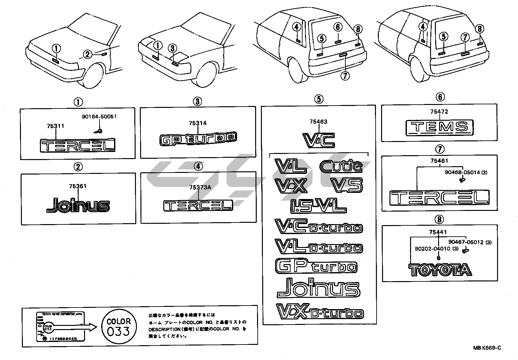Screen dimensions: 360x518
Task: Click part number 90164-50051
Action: [x=99, y=116]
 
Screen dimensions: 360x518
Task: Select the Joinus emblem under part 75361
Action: [x=78, y=205]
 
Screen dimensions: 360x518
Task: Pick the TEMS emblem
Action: [x=439, y=127]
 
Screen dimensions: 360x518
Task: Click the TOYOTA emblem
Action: [x=440, y=270]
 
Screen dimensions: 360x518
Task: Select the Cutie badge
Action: [x=341, y=166]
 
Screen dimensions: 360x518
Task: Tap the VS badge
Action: [x=346, y=185]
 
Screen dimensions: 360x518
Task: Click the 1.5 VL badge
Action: [x=318, y=205]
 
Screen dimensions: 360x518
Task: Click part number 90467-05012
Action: [x=467, y=242]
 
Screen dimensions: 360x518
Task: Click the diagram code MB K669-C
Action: [x=487, y=348]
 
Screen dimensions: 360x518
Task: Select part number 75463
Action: [x=318, y=122]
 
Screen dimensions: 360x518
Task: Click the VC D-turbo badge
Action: [x=318, y=226]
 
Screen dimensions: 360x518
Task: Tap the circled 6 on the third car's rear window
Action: [x=338, y=27]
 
